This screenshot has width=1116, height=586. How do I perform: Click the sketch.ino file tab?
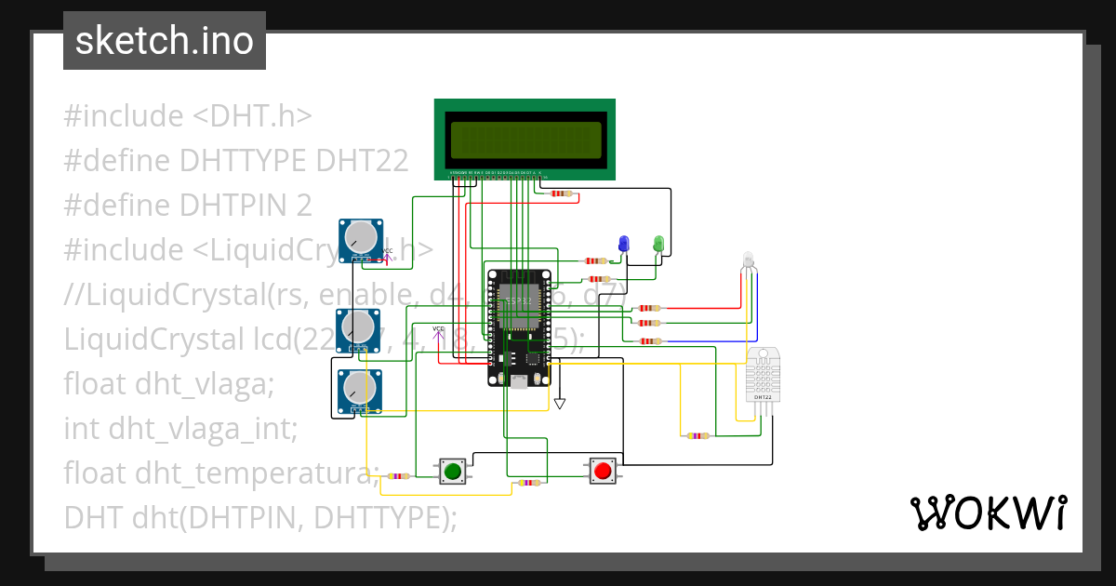165,41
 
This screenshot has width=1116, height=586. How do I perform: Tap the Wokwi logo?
988,513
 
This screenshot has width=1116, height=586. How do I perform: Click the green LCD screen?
525,140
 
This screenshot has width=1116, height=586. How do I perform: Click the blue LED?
624,244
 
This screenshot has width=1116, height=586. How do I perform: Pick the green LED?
658,244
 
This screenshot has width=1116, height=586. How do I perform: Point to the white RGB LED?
750,260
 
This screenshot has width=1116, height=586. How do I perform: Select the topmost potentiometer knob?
359,240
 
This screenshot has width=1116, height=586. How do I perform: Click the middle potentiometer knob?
358,327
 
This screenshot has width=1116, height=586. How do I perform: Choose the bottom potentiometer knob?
358,389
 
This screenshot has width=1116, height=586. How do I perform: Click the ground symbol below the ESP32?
559,404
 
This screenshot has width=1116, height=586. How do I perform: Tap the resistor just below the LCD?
561,193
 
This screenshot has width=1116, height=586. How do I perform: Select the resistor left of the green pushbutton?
399,476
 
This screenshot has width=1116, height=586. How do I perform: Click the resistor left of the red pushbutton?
529,483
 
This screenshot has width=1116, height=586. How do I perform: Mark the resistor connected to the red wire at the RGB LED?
647,308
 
